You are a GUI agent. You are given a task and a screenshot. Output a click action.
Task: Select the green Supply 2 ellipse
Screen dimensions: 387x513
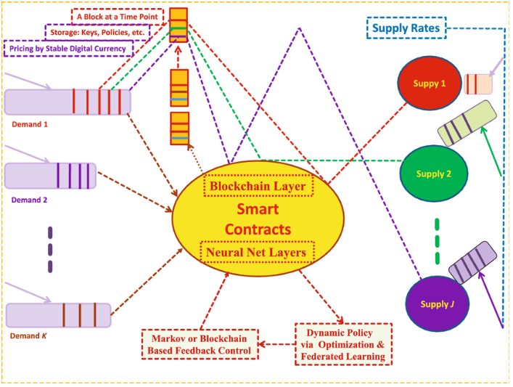pos(434,174)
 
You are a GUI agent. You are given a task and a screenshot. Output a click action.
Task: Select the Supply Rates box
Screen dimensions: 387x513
pos(405,29)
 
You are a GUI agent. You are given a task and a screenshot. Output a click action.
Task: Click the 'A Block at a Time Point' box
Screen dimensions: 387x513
pos(118,16)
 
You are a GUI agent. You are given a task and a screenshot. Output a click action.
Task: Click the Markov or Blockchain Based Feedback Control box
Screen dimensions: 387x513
pos(199,345)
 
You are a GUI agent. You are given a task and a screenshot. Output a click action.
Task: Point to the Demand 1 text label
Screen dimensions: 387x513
pos(30,124)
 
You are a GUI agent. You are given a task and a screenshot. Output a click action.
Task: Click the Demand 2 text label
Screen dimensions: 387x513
pos(30,199)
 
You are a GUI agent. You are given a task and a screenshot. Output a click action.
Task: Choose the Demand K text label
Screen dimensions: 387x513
pos(29,336)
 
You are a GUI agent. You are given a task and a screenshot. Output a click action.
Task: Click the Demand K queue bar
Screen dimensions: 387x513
pos(58,315)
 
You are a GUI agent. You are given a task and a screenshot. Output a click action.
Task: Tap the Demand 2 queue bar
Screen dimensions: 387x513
pos(49,176)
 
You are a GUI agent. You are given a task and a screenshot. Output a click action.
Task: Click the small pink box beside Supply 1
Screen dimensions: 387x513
pos(478,83)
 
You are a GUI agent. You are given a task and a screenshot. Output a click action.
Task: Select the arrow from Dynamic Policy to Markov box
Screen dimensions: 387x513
pos(276,344)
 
